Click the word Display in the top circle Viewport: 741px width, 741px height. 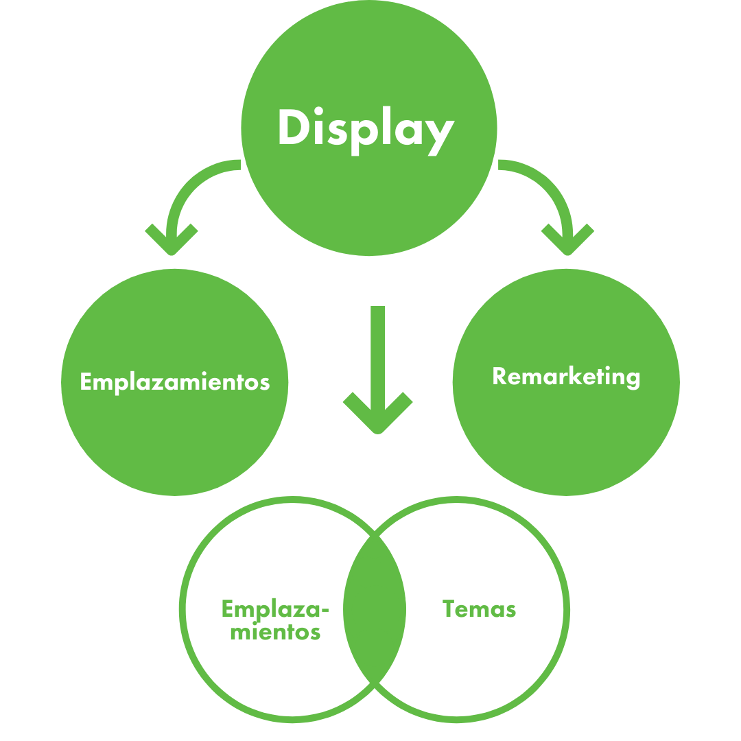click(366, 129)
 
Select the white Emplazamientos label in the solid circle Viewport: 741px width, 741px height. click(174, 381)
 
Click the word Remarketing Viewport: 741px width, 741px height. click(566, 377)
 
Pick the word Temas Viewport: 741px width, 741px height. click(479, 609)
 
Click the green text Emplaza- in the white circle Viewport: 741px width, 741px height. click(275, 609)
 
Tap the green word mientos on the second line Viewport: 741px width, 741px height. click(275, 631)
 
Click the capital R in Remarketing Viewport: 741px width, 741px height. click(499, 376)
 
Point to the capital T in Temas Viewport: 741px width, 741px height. click(449, 609)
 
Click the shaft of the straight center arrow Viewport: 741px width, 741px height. click(377, 350)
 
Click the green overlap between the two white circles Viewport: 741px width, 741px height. click(375, 609)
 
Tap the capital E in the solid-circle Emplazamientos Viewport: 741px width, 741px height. click(86, 381)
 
